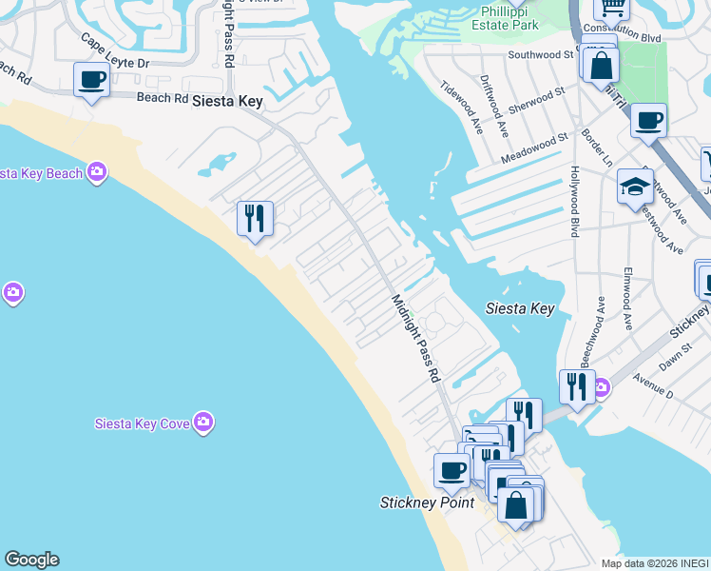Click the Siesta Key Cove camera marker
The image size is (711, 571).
coord(202,423)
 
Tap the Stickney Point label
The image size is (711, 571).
coord(427,502)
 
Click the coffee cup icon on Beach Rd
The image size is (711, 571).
coord(92,80)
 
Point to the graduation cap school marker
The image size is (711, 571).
coord(635,187)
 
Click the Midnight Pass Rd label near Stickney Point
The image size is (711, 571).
coord(417,339)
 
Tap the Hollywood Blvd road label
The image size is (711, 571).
coord(575,202)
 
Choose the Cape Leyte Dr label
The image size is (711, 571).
coord(115,52)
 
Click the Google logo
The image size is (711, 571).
coord(31,560)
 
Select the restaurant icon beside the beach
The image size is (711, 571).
coord(255,219)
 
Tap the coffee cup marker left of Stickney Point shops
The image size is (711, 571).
coord(452,469)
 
